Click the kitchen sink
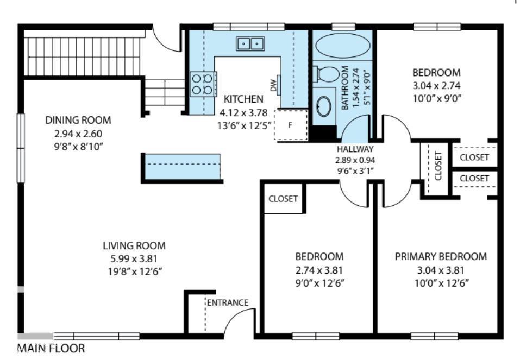coord(250,43)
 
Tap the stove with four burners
coord(203,84)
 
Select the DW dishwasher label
coord(273,85)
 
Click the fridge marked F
coord(291,125)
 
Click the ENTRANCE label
coord(227,302)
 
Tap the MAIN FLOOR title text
coord(51,348)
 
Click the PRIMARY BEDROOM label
coord(441,256)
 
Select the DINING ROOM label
coord(78,120)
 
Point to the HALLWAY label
coord(355,149)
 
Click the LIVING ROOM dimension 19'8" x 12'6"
coord(134,271)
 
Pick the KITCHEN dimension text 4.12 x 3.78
coord(243,113)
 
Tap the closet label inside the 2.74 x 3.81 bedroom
coord(283,198)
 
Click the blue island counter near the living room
coord(181,167)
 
